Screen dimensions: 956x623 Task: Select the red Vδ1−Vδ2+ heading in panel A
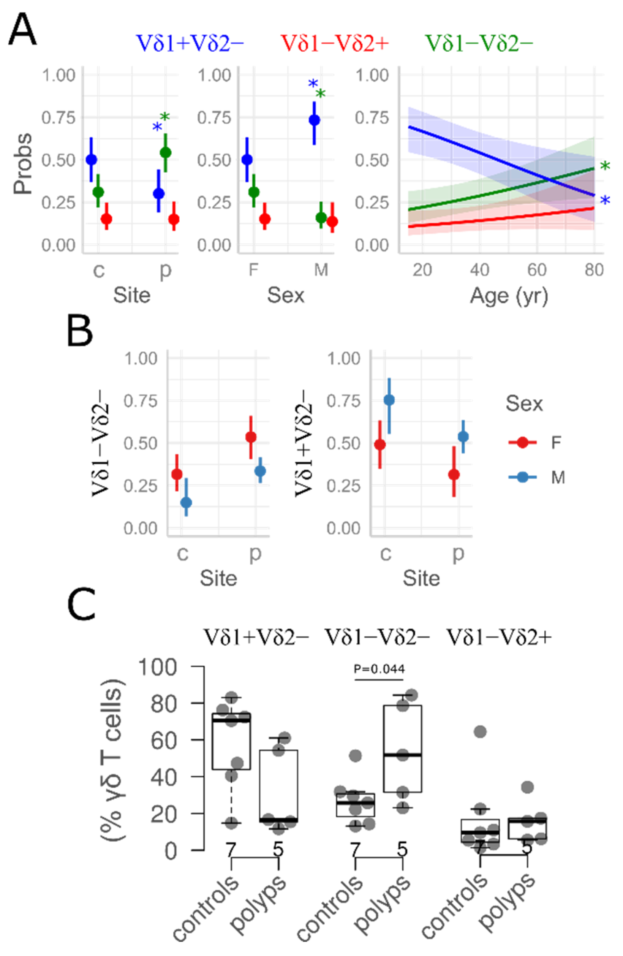point(335,43)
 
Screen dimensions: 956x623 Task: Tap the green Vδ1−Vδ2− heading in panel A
point(479,43)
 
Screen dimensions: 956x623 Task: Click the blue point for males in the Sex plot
point(315,120)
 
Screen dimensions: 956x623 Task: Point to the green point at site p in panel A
point(166,153)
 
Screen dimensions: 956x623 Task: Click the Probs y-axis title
point(22,164)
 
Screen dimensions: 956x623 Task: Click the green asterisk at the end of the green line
point(605,166)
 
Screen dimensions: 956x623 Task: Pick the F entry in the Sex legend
point(556,443)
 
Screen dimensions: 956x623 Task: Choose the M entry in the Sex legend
point(558,477)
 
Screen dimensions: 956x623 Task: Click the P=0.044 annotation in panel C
point(379,669)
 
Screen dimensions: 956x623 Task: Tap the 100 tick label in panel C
point(157,668)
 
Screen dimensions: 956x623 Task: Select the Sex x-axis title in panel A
point(286,295)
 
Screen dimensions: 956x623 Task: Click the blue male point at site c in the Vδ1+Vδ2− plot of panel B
point(389,400)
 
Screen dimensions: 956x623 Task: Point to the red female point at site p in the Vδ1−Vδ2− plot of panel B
point(251,437)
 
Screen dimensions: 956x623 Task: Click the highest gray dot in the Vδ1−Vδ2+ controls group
point(480,731)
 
